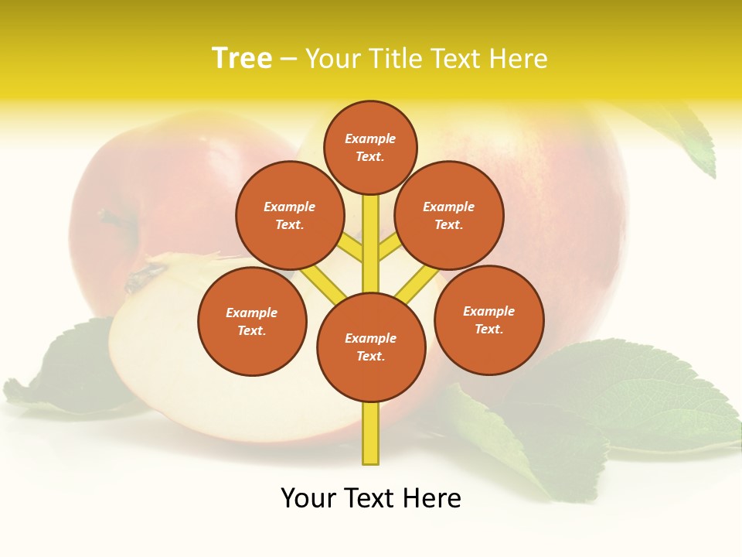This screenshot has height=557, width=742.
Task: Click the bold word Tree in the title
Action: tap(242, 59)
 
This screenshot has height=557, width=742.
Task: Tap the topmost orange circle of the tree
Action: tap(370, 147)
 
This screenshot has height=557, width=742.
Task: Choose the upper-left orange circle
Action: tap(289, 215)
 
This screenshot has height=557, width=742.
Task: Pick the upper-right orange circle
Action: tap(448, 215)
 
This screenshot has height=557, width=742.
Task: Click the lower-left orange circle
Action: tap(252, 321)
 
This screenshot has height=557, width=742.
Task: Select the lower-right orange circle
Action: tap(488, 320)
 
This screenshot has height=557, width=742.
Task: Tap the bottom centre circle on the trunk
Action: tap(371, 347)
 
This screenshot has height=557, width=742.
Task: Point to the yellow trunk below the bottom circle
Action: tap(371, 433)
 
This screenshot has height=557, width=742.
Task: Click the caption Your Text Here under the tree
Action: tap(370, 498)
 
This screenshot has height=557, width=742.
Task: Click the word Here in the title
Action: tap(521, 59)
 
